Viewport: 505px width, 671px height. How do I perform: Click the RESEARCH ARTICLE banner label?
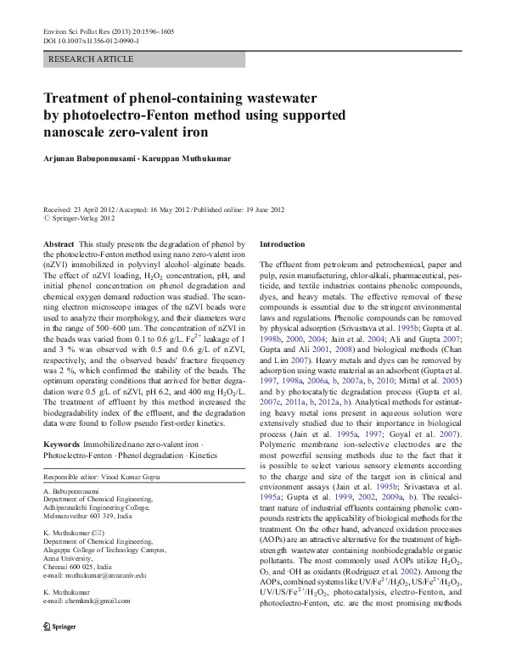[x=91, y=59]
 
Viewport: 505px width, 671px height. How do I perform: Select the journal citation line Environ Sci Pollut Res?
[x=102, y=31]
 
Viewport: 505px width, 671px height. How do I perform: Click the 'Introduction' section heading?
[x=281, y=243]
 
